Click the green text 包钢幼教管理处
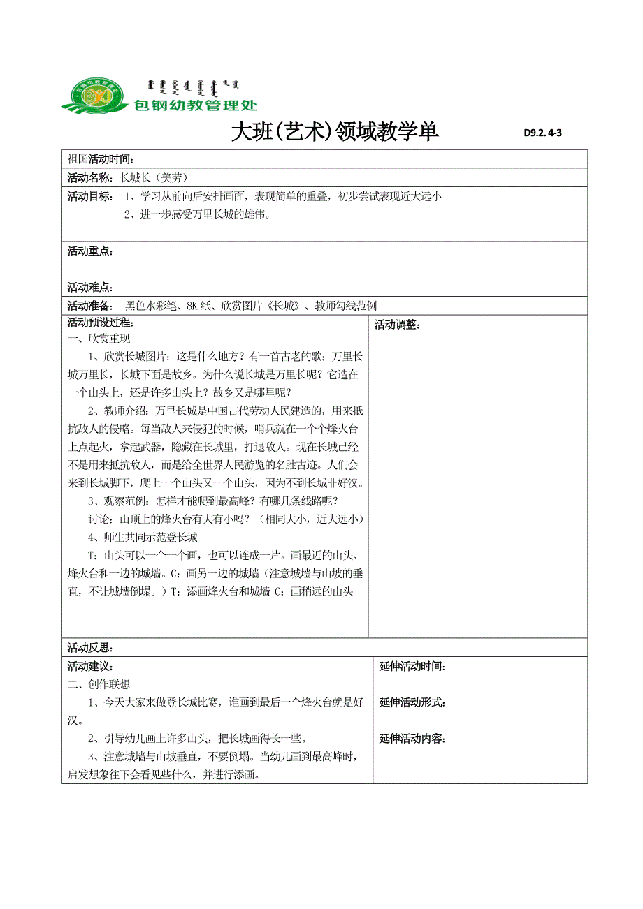tap(195, 105)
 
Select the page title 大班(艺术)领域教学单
tap(335, 131)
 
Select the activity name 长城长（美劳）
tap(154, 178)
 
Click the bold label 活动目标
tap(90, 197)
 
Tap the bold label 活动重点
tap(90, 251)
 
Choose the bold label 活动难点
tap(90, 287)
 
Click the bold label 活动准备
tap(90, 305)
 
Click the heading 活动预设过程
tap(100, 323)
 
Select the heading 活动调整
tap(397, 324)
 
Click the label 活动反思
tap(90, 648)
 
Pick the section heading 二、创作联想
tap(99, 683)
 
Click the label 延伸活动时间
tap(412, 667)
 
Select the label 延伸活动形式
tap(412, 702)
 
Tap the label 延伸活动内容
tap(412, 739)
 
